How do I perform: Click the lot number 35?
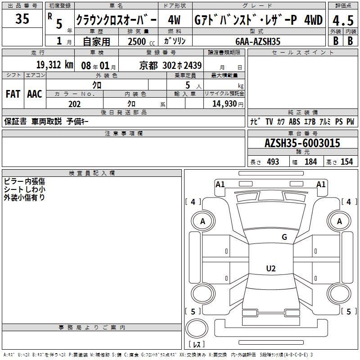[22, 18]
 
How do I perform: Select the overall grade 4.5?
[343, 20]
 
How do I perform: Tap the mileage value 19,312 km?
[55, 65]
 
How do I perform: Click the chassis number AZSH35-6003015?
[302, 143]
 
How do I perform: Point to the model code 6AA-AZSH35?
[258, 41]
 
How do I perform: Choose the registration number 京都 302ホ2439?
[171, 66]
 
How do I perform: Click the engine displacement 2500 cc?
[141, 42]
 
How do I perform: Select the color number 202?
[74, 104]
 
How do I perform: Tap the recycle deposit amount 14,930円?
[228, 104]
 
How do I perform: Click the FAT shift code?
[13, 94]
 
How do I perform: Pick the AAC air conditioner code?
[35, 94]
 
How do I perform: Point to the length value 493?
[273, 162]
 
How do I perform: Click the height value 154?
[346, 162]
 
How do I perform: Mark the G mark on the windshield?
[284, 237]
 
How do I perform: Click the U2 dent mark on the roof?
[271, 268]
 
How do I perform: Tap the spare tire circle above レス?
[197, 328]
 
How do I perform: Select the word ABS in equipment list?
[294, 121]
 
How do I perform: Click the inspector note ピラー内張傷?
[24, 181]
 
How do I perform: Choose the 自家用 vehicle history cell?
[96, 41]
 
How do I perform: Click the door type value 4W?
[174, 20]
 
